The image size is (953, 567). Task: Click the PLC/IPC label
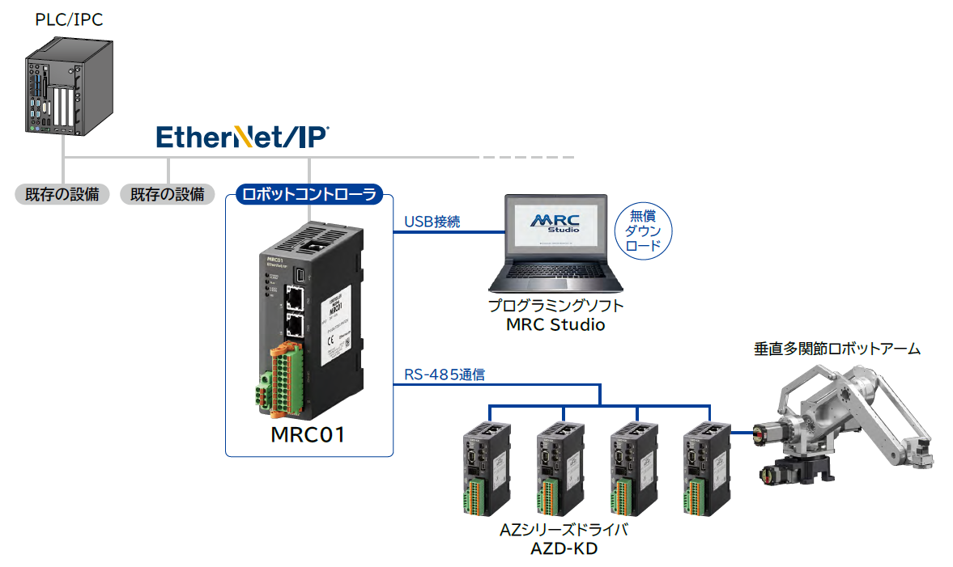(69, 19)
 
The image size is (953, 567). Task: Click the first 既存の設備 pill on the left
(62, 194)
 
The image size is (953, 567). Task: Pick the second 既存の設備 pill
(168, 194)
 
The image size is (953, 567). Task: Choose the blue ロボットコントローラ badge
(308, 194)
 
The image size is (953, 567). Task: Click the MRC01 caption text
(308, 434)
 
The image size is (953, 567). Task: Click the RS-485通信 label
(445, 375)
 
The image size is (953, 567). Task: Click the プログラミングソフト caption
(555, 307)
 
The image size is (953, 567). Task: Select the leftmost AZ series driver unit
(485, 468)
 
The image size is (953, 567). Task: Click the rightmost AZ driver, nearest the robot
(705, 468)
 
